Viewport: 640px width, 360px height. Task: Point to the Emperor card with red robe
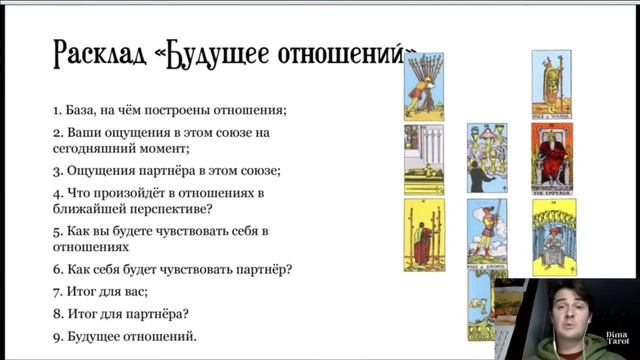[550, 159]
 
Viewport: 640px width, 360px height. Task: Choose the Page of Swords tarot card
[485, 232]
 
